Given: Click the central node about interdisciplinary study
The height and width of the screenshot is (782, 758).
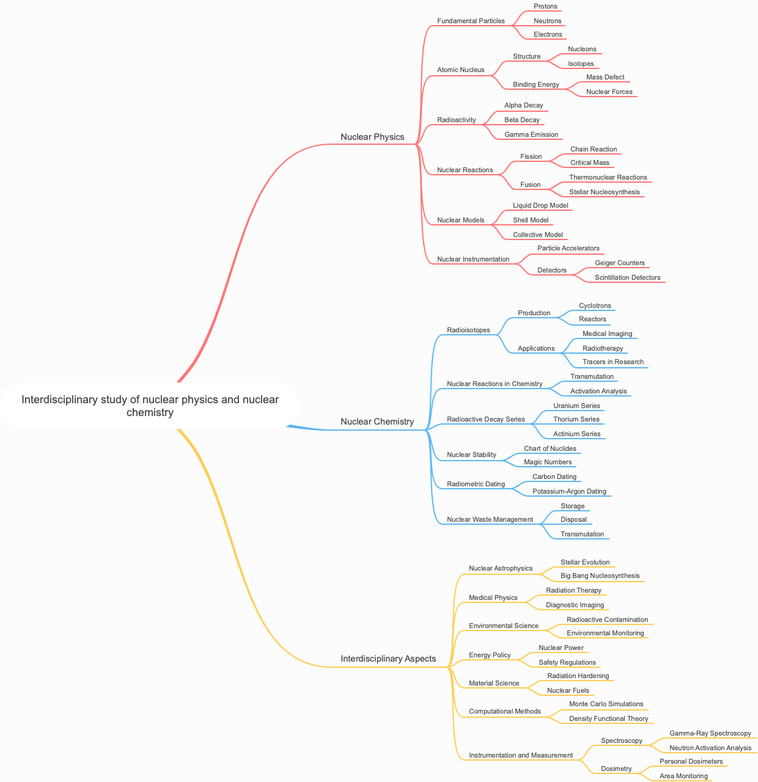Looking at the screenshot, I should pos(150,406).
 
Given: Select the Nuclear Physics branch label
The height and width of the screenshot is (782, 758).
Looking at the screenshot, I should pos(372,137).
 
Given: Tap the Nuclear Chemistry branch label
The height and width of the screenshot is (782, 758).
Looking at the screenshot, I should pos(377,422).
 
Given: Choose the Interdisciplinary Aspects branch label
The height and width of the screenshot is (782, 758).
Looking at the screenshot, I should pos(388,659).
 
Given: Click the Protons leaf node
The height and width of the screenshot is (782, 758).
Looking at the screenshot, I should pos(545,6).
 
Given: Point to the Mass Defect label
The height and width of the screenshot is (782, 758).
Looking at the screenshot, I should pos(605,77).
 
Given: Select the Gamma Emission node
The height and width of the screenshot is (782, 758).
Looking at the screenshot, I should pos(531,134).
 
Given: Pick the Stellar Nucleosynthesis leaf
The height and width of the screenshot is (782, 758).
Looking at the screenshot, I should pos(604,192).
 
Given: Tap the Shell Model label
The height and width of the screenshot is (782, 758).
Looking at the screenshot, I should pos(531,220).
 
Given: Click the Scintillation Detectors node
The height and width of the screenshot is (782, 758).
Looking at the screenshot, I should pos(627,277).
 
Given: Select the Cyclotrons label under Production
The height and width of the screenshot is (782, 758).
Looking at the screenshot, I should pos(594,305).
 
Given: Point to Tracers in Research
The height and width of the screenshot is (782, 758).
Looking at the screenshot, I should pos(613,362).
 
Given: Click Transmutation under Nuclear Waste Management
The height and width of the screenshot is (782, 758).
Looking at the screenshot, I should pos(582,534).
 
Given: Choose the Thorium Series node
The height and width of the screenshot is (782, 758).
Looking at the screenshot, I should pos(576,419).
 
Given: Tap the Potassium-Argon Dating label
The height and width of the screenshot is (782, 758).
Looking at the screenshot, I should pos(569,491).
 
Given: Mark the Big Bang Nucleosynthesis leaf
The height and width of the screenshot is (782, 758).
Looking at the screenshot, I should pos(600,576).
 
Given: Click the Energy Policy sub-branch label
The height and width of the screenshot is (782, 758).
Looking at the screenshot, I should pos(490,655).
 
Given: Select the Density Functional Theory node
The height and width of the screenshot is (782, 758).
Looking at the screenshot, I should pos(608,718).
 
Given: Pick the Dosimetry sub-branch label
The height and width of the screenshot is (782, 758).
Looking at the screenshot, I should pos(616,769).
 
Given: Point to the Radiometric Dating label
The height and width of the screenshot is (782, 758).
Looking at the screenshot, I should pos(476,484).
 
